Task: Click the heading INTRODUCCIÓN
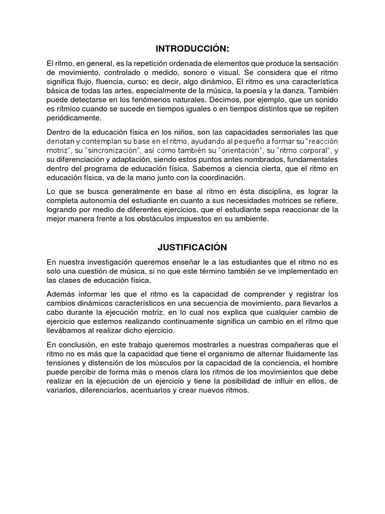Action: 192,49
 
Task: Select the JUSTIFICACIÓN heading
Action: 192,247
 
